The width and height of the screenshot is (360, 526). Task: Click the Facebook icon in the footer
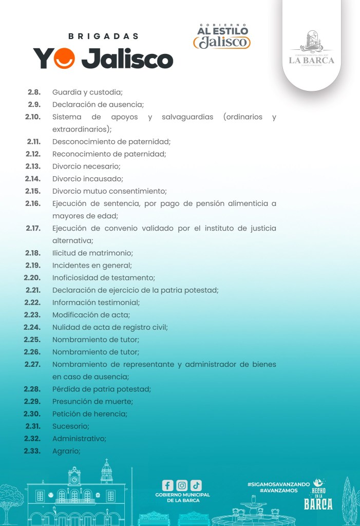pyautogui.click(x=167, y=485)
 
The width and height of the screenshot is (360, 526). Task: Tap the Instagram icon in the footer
pyautogui.click(x=182, y=485)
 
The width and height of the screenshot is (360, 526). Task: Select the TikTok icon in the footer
pyautogui.click(x=196, y=485)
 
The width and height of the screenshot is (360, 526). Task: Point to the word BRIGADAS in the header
pyautogui.click(x=103, y=36)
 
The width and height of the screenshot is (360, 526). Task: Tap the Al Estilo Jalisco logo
pyautogui.click(x=222, y=36)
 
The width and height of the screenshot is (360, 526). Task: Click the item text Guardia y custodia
pyautogui.click(x=87, y=92)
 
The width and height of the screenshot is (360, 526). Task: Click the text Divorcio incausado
pyautogui.click(x=87, y=179)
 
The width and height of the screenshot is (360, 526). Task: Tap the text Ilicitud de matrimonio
pyautogui.click(x=92, y=253)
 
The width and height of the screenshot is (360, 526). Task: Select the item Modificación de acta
pyautogui.click(x=91, y=314)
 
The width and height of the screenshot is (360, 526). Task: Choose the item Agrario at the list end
pyautogui.click(x=66, y=451)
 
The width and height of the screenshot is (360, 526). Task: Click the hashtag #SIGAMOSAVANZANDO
pyautogui.click(x=278, y=484)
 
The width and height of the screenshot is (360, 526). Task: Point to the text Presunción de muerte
pyautogui.click(x=92, y=401)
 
